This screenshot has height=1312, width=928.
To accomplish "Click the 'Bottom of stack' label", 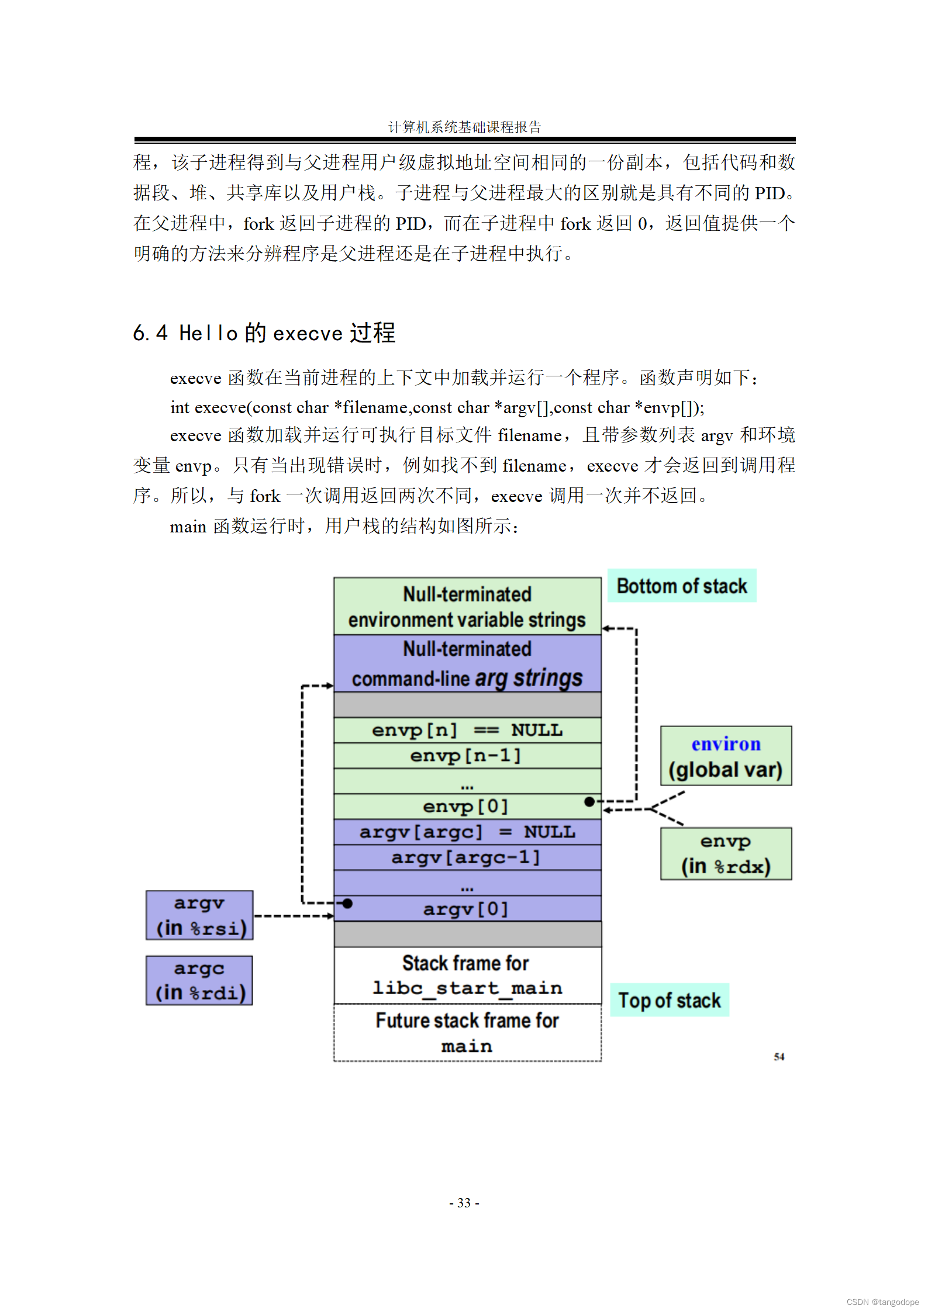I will click(x=681, y=586).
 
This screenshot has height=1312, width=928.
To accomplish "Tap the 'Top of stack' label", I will click(x=669, y=1000).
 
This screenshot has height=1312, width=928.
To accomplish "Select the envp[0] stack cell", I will click(x=466, y=806).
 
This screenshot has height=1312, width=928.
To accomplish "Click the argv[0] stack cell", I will click(x=466, y=909).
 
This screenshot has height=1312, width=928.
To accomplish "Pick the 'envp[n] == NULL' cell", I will click(x=466, y=730).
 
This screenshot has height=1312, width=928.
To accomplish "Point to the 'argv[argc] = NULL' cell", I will click(x=466, y=832).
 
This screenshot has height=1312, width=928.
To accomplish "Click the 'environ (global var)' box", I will click(x=726, y=756).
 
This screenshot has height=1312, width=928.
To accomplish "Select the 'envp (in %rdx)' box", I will click(x=726, y=853).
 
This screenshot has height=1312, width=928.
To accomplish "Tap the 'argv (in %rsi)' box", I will click(x=199, y=915).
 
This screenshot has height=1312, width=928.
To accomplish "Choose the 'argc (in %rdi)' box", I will click(x=199, y=980).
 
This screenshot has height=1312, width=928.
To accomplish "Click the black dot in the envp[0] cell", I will click(x=589, y=801).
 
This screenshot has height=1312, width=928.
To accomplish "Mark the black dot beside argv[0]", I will click(x=347, y=903).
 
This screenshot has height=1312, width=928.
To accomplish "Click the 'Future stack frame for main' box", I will click(x=467, y=1033).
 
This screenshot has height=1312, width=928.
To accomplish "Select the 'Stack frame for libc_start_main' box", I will click(x=467, y=975).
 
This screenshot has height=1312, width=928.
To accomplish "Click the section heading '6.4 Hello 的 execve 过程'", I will click(x=264, y=333).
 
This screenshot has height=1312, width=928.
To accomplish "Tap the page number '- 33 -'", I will click(x=464, y=1203).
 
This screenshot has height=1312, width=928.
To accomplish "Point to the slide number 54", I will click(x=779, y=1057).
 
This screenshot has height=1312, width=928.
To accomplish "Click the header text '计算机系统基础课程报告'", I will click(x=465, y=127).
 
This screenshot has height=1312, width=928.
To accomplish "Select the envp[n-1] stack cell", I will click(x=466, y=756).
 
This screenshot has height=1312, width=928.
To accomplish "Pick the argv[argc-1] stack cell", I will click(x=466, y=857).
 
